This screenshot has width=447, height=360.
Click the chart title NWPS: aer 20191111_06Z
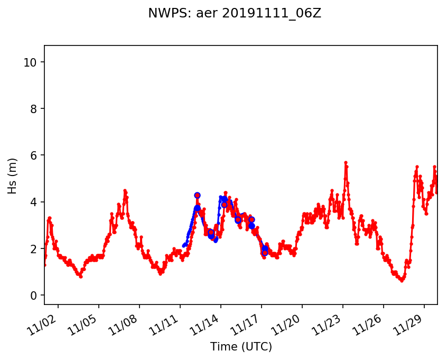pyautogui.click(x=234, y=14)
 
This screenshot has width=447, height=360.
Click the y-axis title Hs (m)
pyautogui.click(x=13, y=176)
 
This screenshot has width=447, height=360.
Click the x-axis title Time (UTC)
pyautogui.click(x=241, y=347)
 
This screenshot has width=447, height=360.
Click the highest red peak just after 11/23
pyautogui.click(x=346, y=162)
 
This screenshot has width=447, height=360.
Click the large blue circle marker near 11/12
pyautogui.click(x=197, y=195)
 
